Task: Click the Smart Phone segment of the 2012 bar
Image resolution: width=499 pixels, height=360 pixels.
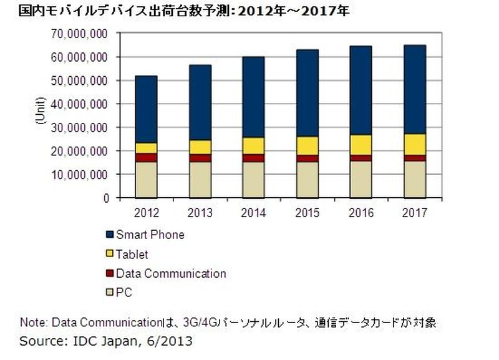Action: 147,109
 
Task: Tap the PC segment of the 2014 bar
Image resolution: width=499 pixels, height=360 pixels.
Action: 254,180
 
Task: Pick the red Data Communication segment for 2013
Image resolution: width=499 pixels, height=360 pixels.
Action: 200,158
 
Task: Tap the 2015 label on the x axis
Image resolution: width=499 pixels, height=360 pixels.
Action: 308,213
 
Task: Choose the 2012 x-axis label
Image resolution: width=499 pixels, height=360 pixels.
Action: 147,213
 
